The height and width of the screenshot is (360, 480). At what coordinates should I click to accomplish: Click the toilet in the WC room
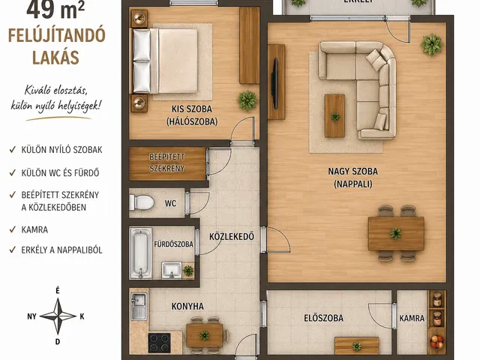(x=142, y=202)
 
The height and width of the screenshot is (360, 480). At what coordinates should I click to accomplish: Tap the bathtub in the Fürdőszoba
(x=140, y=253)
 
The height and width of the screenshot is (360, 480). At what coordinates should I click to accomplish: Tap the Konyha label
(x=187, y=305)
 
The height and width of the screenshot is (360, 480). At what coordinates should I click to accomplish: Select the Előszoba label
(x=324, y=319)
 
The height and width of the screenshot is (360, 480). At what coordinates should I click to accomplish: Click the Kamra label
(x=412, y=319)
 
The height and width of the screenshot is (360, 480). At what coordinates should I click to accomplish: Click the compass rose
(x=57, y=316)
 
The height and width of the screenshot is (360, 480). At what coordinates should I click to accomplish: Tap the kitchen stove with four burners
(x=160, y=343)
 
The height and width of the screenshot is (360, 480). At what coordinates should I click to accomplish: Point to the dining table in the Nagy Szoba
(x=395, y=232)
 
